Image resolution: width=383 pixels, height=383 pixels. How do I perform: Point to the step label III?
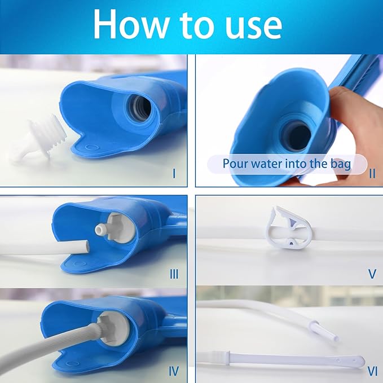click(174, 274)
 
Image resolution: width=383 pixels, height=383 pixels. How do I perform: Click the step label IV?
click(174, 371)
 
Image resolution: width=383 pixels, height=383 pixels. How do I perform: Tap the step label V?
click(371, 274)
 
